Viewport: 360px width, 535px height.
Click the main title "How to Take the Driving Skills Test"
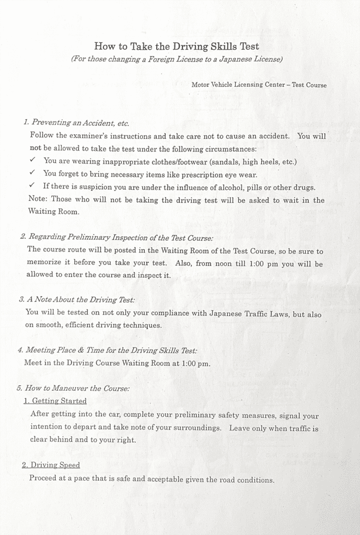pyautogui.click(x=177, y=46)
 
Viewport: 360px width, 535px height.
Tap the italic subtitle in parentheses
pyautogui.click(x=177, y=59)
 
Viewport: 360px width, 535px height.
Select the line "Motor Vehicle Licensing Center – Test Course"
pyautogui.click(x=259, y=85)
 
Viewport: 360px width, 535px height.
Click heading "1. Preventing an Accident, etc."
pyautogui.click(x=76, y=123)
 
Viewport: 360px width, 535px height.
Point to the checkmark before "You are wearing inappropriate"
pyautogui.click(x=32, y=161)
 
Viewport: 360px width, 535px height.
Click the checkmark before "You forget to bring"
pyautogui.click(x=32, y=173)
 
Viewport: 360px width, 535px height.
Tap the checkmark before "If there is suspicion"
pyautogui.click(x=32, y=186)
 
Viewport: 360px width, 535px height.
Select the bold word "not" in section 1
pyautogui.click(x=36, y=148)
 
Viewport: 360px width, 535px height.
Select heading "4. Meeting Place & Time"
pyautogui.click(x=108, y=350)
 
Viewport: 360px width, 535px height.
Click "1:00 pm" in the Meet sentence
pyautogui.click(x=195, y=363)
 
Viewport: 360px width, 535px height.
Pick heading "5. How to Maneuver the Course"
pyautogui.click(x=73, y=388)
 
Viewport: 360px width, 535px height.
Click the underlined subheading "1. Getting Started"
pyautogui.click(x=55, y=401)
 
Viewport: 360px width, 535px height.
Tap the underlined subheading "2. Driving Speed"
pyautogui.click(x=51, y=465)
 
